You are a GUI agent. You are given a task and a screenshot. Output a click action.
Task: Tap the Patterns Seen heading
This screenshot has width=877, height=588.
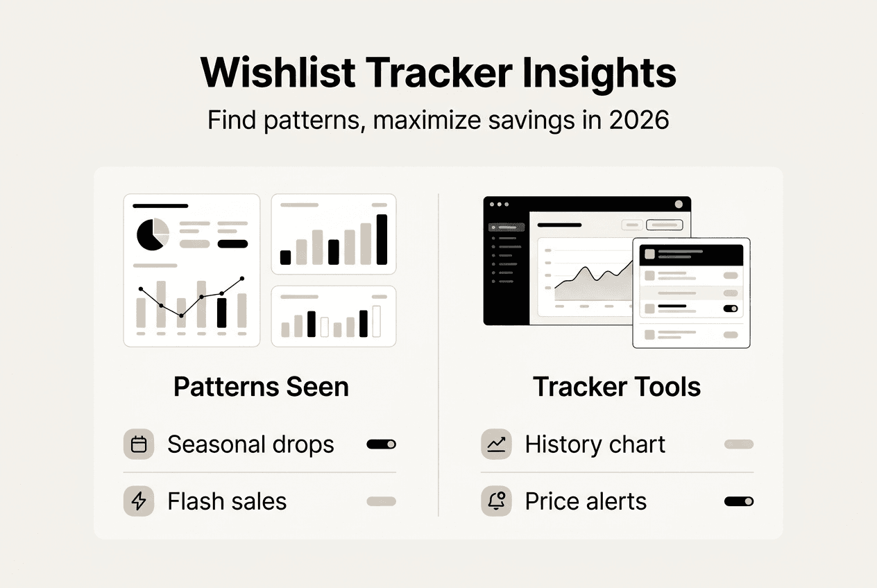[261, 387]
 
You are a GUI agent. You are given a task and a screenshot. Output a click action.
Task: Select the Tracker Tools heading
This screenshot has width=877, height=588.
[617, 387]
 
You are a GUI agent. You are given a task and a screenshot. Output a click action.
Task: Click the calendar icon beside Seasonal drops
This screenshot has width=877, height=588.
[139, 444]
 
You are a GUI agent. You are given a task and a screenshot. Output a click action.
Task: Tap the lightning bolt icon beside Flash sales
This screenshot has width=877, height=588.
[139, 501]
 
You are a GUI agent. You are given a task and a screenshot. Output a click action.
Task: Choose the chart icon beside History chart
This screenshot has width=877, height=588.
[496, 444]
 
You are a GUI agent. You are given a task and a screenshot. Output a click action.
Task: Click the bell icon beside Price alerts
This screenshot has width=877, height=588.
[496, 501]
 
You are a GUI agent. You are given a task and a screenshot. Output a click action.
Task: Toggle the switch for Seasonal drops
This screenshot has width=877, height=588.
[381, 444]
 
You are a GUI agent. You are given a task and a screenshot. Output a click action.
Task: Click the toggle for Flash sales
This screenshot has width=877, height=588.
[381, 501]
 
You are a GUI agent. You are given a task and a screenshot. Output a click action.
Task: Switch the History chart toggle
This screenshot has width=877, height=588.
[738, 444]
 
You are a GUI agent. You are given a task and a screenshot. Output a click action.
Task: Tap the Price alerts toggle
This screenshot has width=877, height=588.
[738, 501]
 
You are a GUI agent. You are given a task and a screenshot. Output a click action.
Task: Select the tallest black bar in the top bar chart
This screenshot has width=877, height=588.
[382, 239]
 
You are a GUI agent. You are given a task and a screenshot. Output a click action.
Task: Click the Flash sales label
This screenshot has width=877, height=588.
[227, 501]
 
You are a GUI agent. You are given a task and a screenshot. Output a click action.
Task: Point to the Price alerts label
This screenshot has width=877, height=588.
[586, 501]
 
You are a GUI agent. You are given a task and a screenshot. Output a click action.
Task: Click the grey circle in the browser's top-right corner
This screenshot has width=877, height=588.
[679, 205]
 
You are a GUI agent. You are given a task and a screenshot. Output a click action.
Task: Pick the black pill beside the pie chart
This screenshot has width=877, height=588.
[232, 243]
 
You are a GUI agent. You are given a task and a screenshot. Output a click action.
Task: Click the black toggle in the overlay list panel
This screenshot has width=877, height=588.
[730, 309]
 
